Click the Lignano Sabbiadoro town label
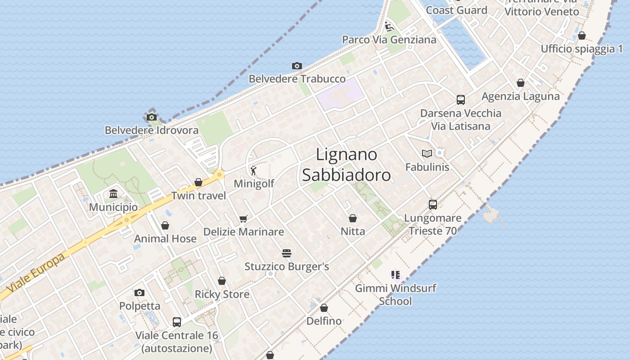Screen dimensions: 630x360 pos(346,165)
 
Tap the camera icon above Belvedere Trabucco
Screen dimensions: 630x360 pos(297,66)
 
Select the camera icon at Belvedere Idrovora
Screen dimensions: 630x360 pos(152,117)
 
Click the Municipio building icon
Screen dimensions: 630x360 pos(113,194)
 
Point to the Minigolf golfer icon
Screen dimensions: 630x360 pos(254,171)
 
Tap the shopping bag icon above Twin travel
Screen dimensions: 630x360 pos(198,182)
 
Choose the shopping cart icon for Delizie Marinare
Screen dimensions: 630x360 pos(243,219)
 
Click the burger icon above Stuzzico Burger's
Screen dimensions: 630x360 pos(287,253)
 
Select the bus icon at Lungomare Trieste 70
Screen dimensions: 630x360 pos(432,205)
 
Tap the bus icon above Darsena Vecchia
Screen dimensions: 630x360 pos(460,100)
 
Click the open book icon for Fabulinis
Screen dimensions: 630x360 pos(427,153)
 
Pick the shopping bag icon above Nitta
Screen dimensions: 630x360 pos(353,218)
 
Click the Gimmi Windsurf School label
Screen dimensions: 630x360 pos(396,294)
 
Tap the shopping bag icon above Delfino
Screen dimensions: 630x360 pos(324,308)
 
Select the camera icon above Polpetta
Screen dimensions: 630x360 pos(139,292)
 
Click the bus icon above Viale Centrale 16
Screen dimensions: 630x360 pos(177,322)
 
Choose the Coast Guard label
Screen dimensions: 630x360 pos(456,10)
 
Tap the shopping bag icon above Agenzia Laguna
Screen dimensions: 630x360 pos(521,83)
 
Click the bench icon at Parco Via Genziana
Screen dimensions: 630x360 pos(389,26)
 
